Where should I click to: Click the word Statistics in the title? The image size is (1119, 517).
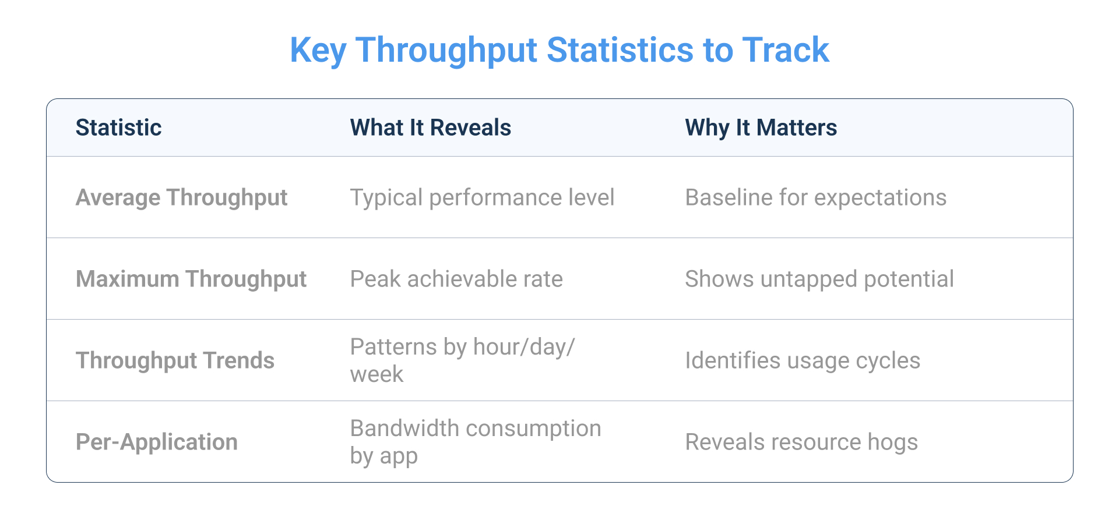[x=620, y=50]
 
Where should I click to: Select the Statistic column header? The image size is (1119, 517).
[x=119, y=128]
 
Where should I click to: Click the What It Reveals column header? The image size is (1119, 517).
[x=430, y=128]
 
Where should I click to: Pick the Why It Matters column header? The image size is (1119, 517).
[x=761, y=128]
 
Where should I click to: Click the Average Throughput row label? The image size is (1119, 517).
[x=181, y=198]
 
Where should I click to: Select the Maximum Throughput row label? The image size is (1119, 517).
[x=191, y=279]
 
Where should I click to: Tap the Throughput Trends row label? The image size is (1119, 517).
[x=175, y=361]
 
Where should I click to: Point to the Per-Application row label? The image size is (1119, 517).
[x=157, y=442]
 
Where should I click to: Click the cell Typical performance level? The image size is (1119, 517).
[x=482, y=198]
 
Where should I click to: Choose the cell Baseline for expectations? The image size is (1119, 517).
[x=815, y=198]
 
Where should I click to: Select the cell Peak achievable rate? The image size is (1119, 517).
[x=456, y=279]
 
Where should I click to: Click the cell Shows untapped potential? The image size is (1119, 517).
[x=819, y=279]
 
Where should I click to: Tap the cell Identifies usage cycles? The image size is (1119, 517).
[x=802, y=361]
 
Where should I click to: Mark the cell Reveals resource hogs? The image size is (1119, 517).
[x=801, y=442]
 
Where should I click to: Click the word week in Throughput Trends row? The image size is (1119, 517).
[x=376, y=374]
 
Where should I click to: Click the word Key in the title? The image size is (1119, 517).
[x=318, y=50]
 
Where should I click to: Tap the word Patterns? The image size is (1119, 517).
[x=393, y=348]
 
